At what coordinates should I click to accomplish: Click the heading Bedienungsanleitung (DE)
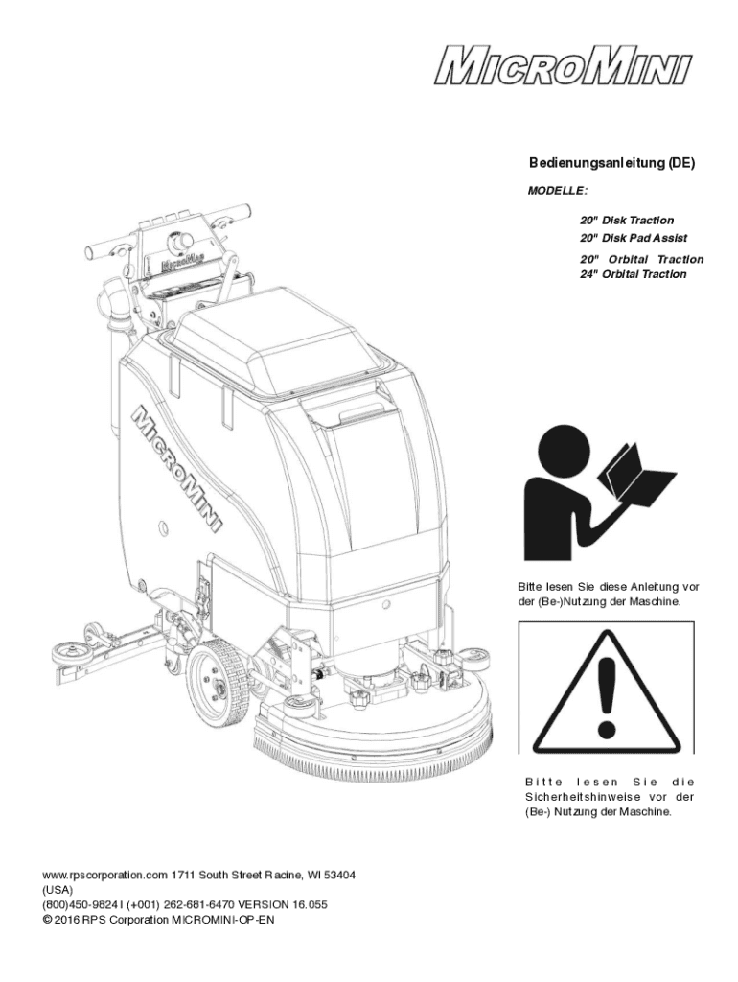click(612, 163)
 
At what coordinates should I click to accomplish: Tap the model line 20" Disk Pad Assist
click(634, 238)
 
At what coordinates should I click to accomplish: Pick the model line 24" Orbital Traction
click(633, 274)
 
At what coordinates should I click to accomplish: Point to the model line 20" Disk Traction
click(627, 221)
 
